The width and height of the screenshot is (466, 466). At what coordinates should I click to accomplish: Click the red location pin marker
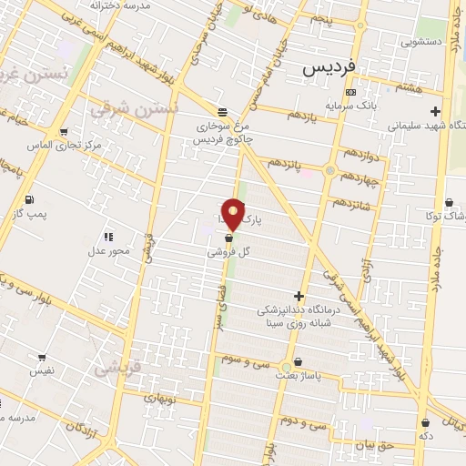(x=234, y=214)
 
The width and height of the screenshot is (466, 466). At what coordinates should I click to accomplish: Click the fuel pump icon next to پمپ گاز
(x=30, y=199)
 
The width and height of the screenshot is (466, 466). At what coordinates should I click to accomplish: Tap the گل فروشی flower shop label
(x=229, y=252)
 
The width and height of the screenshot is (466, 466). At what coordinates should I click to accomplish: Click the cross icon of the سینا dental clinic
(x=299, y=295)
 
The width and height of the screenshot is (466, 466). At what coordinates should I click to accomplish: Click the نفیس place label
(x=42, y=370)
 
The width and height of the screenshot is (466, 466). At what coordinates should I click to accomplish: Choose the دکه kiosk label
(x=426, y=436)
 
